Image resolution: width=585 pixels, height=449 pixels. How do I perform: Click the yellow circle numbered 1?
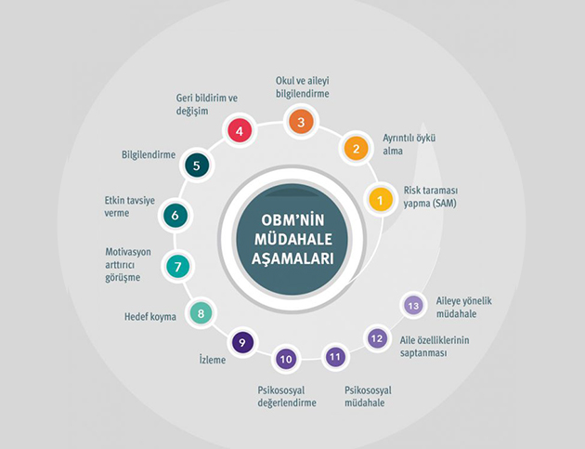tap(380, 200)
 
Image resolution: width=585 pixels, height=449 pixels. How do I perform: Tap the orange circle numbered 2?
tap(356, 149)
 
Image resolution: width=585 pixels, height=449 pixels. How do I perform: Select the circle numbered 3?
tap(301, 122)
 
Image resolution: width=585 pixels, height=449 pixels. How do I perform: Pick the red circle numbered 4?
tap(240, 131)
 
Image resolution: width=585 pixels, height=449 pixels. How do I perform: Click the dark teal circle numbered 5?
tap(197, 165)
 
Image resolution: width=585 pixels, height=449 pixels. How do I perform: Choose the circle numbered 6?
tap(175, 216)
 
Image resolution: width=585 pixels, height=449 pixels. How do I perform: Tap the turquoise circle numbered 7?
tap(178, 267)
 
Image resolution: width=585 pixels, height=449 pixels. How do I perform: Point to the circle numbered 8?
tap(201, 313)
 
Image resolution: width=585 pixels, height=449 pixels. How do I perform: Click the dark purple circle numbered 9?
tap(242, 342)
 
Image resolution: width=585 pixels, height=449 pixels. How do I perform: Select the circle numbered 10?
tap(286, 359)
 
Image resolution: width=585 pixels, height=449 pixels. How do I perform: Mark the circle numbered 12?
tap(377, 338)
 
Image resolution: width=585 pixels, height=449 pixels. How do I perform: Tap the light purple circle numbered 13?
tap(413, 306)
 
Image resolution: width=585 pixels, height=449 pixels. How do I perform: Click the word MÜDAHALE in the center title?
tap(293, 240)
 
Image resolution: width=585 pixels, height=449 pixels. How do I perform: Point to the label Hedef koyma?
tap(150, 317)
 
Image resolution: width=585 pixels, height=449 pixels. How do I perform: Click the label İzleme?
tap(213, 360)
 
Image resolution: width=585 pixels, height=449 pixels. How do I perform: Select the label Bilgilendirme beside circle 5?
tap(149, 154)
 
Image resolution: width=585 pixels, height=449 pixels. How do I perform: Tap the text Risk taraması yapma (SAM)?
tap(431, 197)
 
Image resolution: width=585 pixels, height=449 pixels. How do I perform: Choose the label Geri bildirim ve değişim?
tap(207, 105)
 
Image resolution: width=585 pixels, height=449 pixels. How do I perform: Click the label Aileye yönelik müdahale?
tap(464, 307)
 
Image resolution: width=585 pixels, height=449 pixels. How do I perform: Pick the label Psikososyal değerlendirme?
tap(287, 396)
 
